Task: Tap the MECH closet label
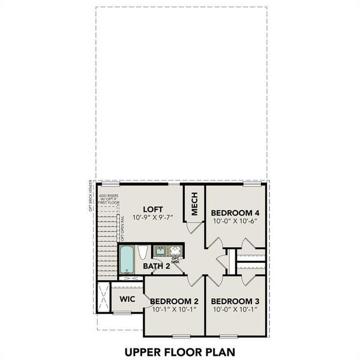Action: tap(194, 206)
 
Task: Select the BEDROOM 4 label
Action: tap(235, 212)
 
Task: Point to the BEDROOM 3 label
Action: tap(235, 301)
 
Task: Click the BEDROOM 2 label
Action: tap(174, 301)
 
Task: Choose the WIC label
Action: tap(127, 299)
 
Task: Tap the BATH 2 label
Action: tap(157, 266)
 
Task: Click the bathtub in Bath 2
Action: tap(127, 260)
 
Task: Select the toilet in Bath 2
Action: tap(143, 253)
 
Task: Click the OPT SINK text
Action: tap(176, 260)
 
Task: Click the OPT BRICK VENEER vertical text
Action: tap(91, 196)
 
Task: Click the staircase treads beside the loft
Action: tap(107, 240)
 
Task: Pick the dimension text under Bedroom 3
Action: tap(235, 310)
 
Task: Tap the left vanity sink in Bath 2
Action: tap(161, 250)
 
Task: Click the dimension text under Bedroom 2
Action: tap(174, 310)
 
